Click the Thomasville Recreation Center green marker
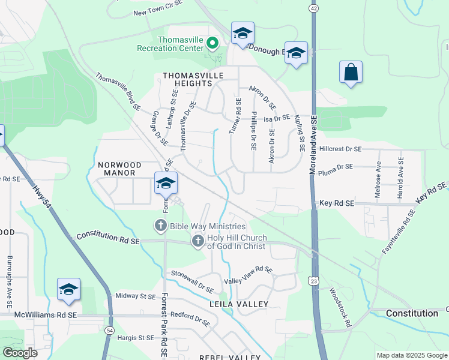[x=211, y=43]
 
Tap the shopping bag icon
[x=351, y=73]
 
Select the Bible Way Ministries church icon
[x=160, y=226]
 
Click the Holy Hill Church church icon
[x=197, y=241]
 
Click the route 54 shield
[x=109, y=330]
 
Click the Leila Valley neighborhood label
[x=238, y=304]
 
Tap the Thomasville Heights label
[x=193, y=79]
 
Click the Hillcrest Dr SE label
[x=340, y=149]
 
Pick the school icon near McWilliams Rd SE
[x=68, y=289]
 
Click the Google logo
[x=20, y=352]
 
